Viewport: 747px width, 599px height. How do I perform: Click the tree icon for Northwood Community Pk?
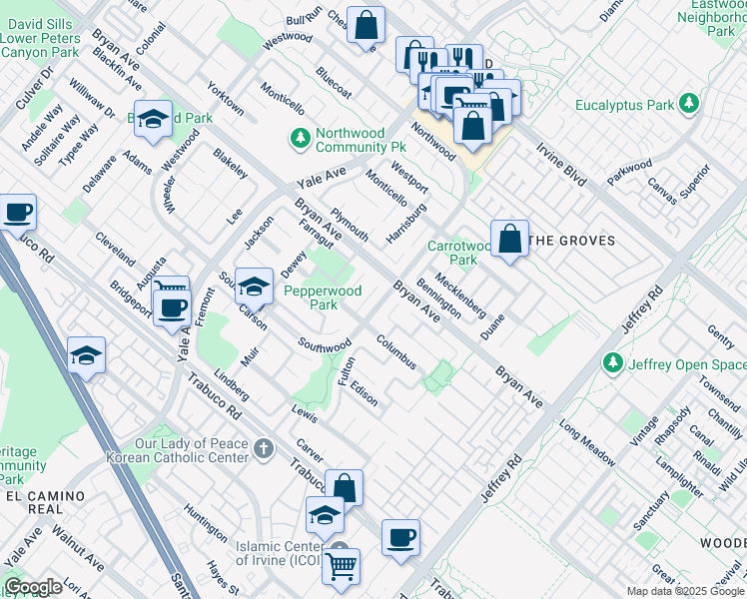(299, 139)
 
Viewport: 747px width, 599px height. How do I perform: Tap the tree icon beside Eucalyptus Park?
(688, 104)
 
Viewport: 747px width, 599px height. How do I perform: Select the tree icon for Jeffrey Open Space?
(614, 364)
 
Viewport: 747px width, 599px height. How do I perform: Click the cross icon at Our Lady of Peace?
(263, 449)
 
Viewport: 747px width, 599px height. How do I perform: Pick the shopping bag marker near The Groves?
(509, 240)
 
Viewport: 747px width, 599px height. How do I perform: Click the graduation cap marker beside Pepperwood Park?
(254, 288)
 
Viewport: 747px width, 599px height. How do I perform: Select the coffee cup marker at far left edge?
(17, 214)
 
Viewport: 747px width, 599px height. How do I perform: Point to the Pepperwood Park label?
(323, 298)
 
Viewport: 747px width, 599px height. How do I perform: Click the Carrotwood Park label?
(459, 253)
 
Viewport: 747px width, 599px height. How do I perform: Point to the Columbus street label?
(395, 351)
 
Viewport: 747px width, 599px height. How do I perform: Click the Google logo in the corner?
(33, 587)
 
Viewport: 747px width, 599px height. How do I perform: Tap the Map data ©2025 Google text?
(684, 591)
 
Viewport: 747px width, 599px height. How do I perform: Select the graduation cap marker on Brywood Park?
(153, 120)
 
